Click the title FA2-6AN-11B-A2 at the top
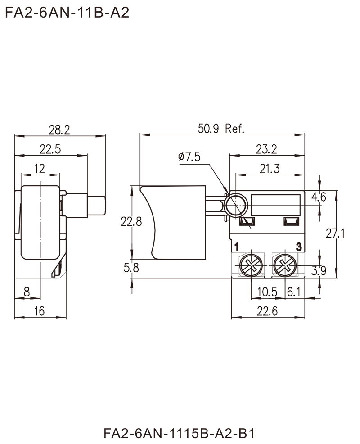pos(67,13)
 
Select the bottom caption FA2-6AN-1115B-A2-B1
pos(180,433)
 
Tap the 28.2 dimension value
pos(59,130)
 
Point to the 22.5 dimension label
pos(50,149)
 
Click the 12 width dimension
pos(39,169)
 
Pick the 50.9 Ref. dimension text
pos(221,129)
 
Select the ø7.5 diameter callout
pos(189,156)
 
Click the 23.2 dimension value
pos(266,149)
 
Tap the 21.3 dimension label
pos(270,169)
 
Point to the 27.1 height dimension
pos(335,233)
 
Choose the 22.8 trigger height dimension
pos(131,221)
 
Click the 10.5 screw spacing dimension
pos(267,292)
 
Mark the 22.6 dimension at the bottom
pos(267,311)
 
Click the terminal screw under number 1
pos(251,266)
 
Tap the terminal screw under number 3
pos(285,266)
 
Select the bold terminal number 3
pos(299,247)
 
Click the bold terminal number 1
pos(237,247)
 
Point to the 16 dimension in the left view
pos(39,311)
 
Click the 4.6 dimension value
pos(319,197)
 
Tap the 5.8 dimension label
pos(131,268)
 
